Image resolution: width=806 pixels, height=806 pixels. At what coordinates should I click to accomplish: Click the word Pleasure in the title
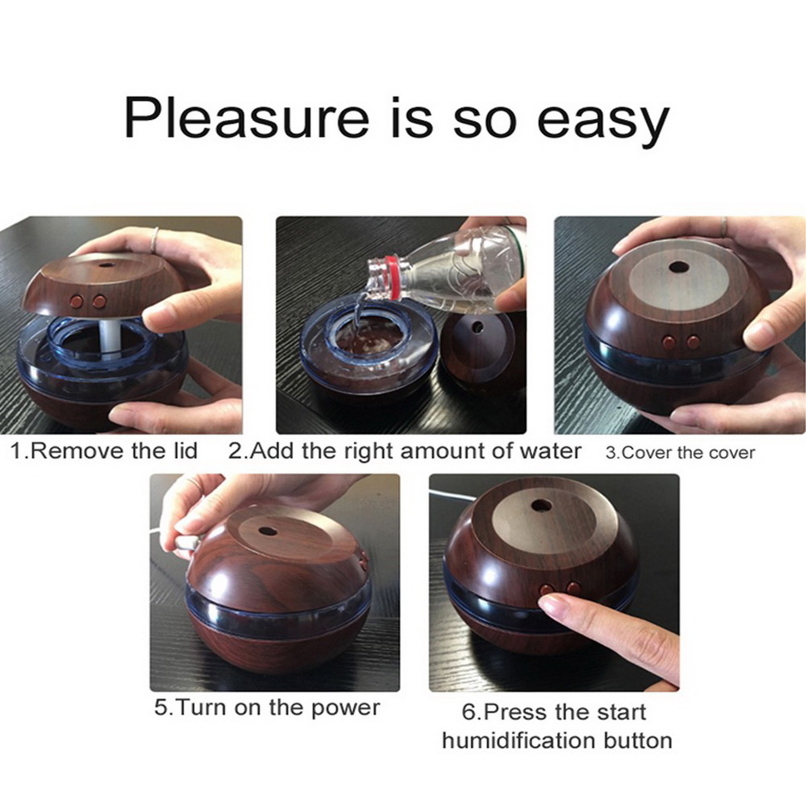coord(246,117)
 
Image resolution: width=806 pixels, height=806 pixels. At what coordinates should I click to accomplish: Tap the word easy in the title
coord(603,123)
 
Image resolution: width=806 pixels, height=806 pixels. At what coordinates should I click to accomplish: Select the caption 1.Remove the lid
coord(104,450)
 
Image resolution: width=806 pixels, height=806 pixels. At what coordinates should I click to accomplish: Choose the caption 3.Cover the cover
coord(680,453)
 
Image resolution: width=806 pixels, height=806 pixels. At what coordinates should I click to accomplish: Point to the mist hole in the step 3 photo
coord(679,267)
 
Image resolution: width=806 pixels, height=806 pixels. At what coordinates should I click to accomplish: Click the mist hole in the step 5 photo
coord(268,530)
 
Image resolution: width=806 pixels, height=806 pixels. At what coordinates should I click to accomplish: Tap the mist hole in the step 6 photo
coord(540,505)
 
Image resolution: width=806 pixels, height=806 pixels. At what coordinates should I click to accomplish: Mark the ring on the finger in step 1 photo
coord(154,240)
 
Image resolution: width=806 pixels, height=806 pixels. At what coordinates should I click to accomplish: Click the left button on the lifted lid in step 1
coord(77,301)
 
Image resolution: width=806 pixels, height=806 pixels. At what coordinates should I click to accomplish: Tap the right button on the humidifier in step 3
coord(693,342)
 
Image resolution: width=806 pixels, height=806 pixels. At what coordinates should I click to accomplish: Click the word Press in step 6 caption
coord(516,713)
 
